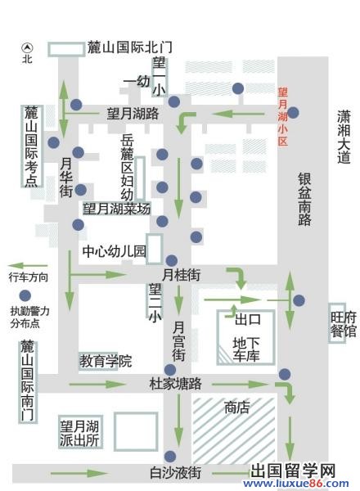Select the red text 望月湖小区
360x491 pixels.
283,115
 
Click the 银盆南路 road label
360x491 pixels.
304,200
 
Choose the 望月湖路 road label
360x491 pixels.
133,114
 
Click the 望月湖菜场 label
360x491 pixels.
116,209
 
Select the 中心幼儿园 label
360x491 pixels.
114,250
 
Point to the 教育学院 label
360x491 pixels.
106,360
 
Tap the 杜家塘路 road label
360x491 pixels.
176,383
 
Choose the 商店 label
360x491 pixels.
237,408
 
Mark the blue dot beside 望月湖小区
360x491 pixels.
293,113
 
